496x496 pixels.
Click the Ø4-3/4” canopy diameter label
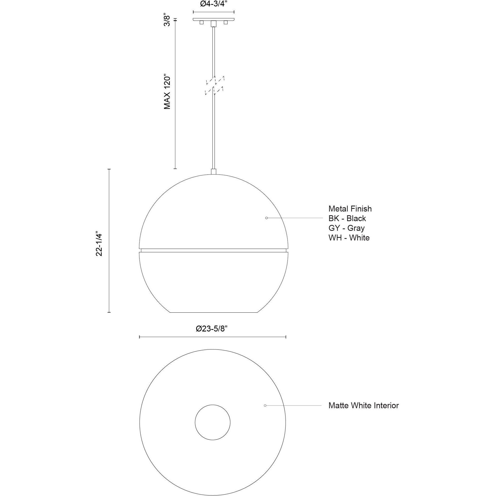[214, 5]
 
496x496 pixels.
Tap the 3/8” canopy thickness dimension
[167, 20]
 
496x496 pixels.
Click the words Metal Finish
[350, 209]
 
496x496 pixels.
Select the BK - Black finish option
[347, 218]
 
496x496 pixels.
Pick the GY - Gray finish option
[346, 228]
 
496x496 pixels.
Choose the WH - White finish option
[349, 238]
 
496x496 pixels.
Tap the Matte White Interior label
[363, 405]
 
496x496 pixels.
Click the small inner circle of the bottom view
[213, 422]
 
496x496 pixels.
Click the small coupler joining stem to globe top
[214, 172]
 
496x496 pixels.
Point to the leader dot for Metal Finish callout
[267, 218]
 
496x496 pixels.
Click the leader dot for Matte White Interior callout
[265, 405]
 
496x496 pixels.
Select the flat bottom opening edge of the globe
[214, 312]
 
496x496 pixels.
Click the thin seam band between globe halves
[214, 250]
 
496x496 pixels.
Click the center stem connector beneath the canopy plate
[214, 24]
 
